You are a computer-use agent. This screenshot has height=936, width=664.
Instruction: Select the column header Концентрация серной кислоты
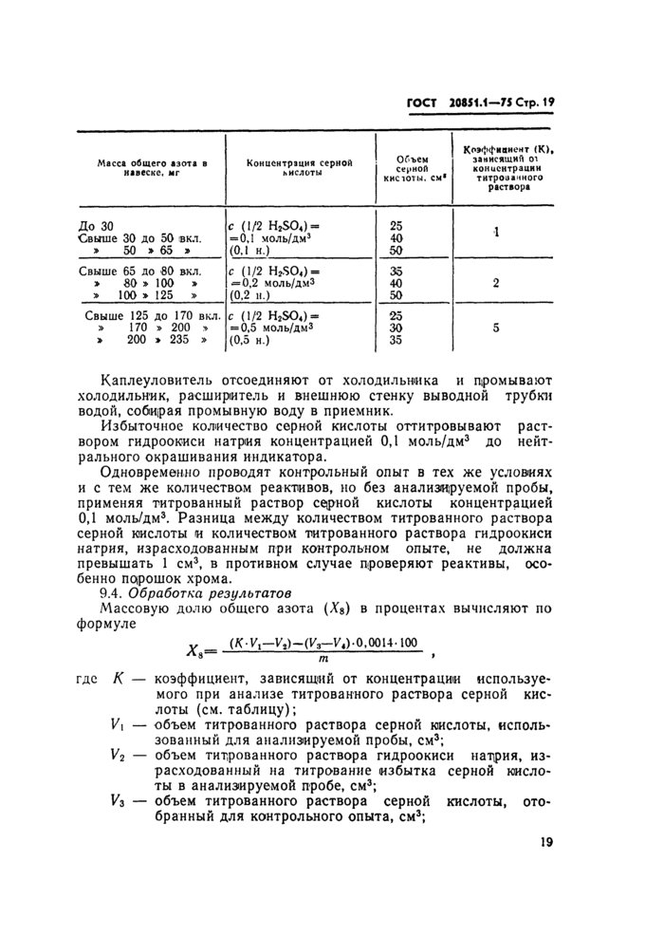298,169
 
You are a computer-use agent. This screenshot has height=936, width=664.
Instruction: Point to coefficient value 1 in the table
496,234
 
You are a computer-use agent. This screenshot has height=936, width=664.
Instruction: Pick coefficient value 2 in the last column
496,283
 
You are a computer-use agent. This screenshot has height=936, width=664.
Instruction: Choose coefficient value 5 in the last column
496,328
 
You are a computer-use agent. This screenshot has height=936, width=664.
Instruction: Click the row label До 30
95,226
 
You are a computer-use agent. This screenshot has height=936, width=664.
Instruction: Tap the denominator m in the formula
323,659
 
